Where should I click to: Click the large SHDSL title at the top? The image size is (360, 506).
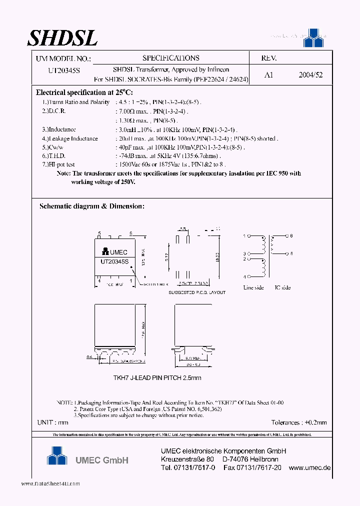point(62,37)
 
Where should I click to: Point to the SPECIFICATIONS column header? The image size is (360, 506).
point(170,58)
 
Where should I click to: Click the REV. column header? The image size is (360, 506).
point(268,58)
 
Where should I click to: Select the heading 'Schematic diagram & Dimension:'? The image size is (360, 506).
point(92,206)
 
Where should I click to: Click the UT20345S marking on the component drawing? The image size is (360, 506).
point(114,261)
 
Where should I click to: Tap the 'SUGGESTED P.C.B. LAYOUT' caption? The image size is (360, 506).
point(196,292)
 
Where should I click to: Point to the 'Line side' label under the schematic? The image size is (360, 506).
point(253,287)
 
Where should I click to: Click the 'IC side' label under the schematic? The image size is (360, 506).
point(282,287)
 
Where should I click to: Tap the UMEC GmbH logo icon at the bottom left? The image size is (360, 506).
point(56,455)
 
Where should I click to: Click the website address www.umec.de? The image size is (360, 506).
point(310,467)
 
